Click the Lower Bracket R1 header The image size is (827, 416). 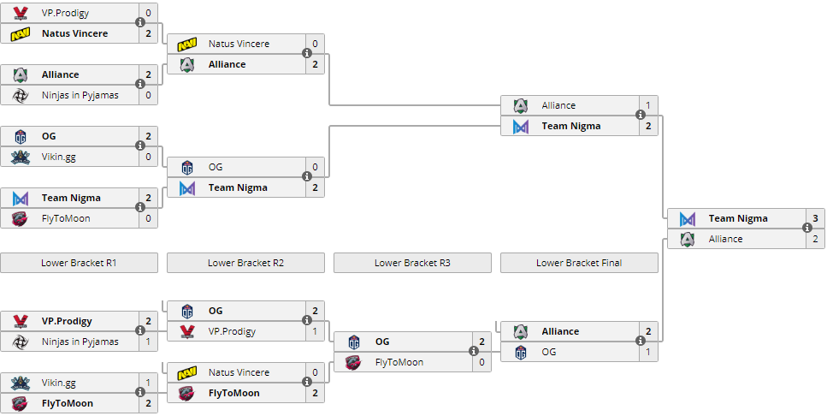click(x=79, y=263)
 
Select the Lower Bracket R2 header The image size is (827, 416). click(x=245, y=263)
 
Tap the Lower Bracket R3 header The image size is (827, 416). click(x=412, y=263)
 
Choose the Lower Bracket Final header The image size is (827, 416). click(x=579, y=263)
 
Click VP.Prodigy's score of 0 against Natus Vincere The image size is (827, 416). click(x=149, y=13)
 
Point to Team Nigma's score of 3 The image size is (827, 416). click(x=816, y=218)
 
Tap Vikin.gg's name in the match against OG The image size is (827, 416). click(x=60, y=157)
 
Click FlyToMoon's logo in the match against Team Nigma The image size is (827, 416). click(x=21, y=218)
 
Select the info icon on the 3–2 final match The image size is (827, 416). click(x=806, y=229)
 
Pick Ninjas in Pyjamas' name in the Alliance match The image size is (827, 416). click(x=80, y=95)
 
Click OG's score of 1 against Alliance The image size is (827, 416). click(x=649, y=352)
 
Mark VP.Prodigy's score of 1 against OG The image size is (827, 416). click(x=316, y=331)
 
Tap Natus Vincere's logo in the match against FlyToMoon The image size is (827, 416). click(x=187, y=372)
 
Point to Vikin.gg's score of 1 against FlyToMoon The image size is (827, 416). click(x=149, y=383)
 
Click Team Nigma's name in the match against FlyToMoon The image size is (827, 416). click(x=71, y=198)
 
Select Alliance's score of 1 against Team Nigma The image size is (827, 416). click(x=649, y=105)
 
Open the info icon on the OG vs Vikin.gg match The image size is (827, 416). click(x=140, y=146)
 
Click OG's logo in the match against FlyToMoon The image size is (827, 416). click(x=354, y=342)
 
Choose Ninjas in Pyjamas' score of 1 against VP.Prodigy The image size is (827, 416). click(x=149, y=342)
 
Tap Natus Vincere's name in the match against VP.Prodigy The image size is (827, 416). click(x=75, y=33)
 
